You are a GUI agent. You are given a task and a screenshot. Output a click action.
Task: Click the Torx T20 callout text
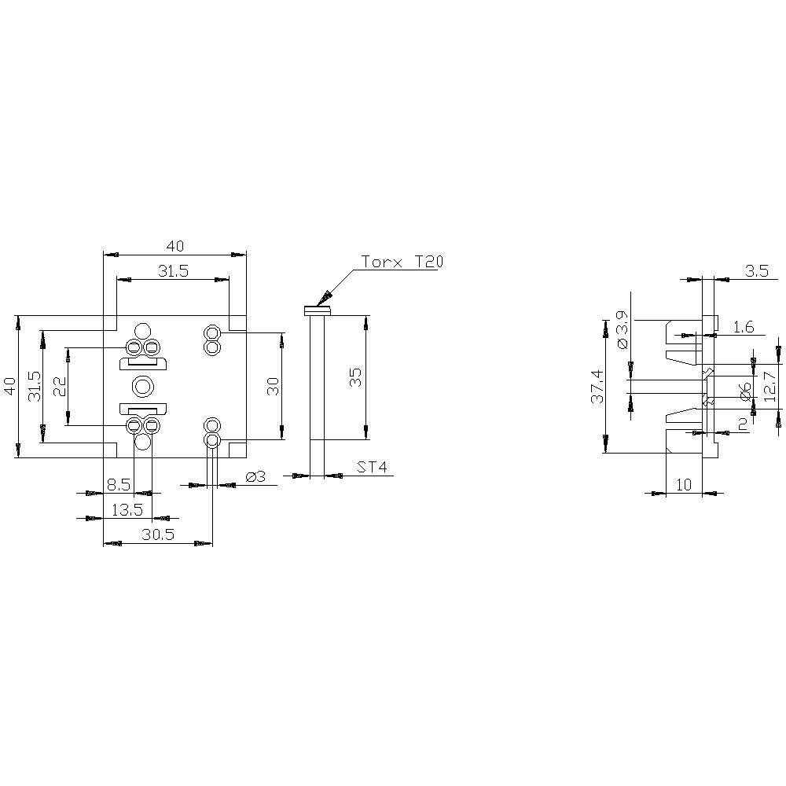tap(402, 262)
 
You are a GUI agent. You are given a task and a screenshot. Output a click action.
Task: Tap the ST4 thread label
tap(372, 468)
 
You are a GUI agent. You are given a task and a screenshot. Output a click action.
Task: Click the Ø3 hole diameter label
tap(255, 477)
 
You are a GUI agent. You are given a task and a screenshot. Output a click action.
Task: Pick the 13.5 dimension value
tap(127, 509)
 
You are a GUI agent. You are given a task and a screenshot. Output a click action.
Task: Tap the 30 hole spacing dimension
tap(273, 386)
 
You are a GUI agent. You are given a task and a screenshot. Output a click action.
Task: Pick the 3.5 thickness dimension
tap(756, 271)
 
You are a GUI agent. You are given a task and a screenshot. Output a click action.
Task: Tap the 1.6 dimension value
tap(744, 326)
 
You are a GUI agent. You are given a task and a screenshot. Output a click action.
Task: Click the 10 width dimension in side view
tap(684, 485)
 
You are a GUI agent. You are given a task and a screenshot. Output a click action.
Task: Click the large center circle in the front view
tap(143, 386)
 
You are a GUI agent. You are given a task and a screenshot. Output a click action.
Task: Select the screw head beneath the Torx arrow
tap(318, 311)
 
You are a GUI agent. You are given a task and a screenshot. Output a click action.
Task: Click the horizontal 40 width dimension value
tap(174, 246)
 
